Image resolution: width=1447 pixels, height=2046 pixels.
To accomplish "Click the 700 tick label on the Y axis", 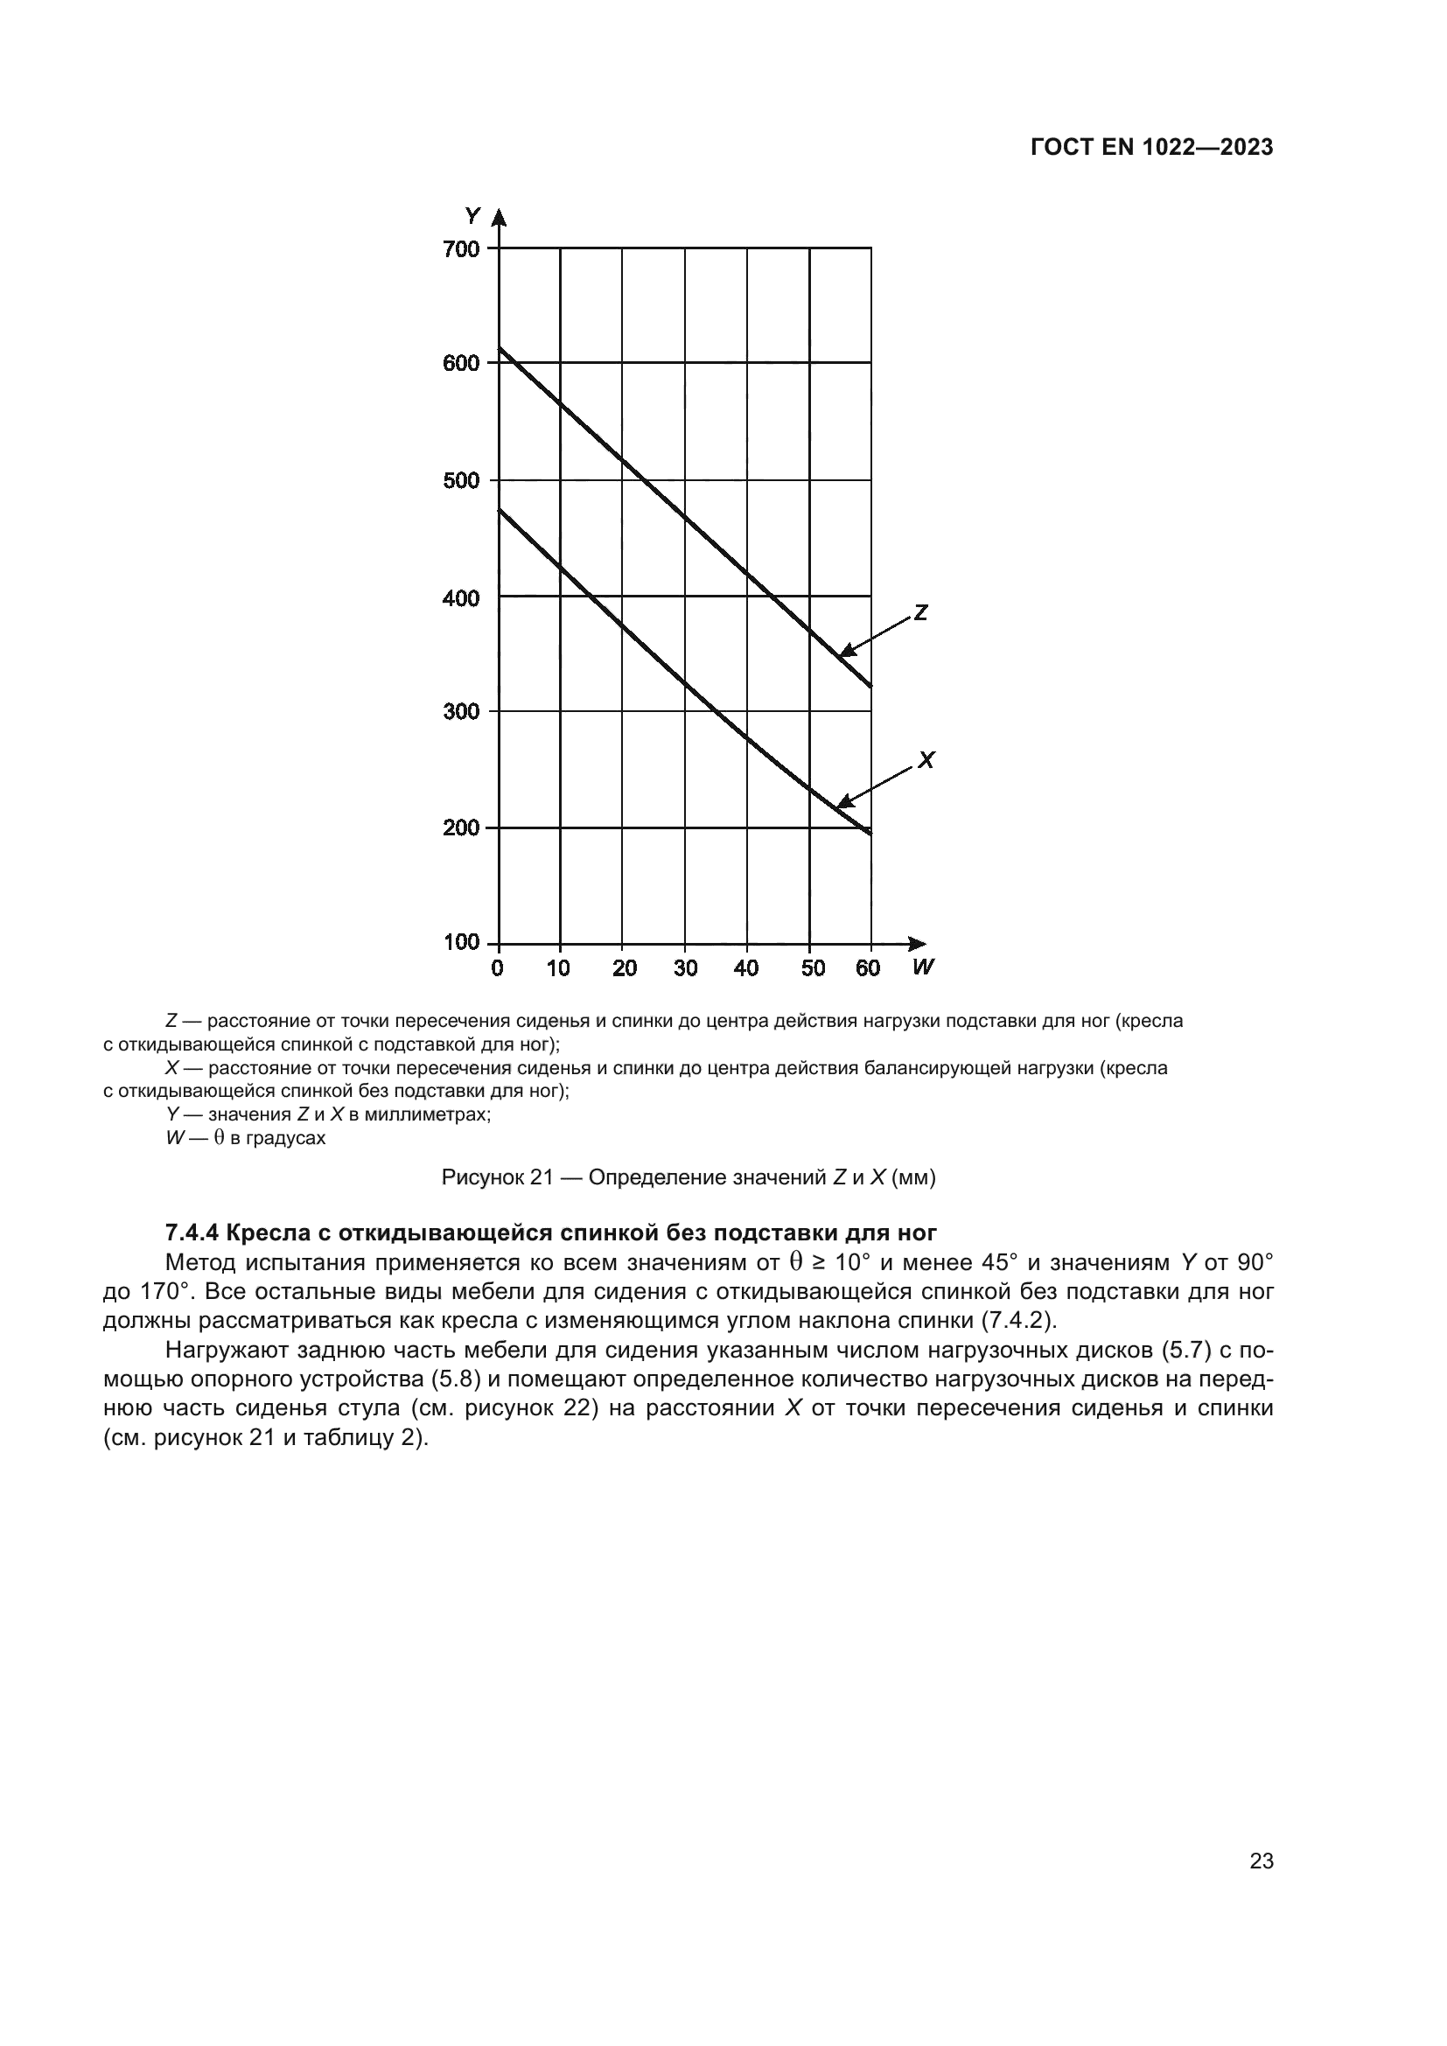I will [461, 248].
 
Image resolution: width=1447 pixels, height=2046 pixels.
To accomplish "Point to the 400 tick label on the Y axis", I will [461, 598].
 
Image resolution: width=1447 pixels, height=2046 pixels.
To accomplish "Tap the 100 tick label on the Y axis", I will [461, 943].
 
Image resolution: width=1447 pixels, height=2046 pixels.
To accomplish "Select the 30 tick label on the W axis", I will [685, 968].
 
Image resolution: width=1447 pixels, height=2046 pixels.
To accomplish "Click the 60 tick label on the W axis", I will [868, 968].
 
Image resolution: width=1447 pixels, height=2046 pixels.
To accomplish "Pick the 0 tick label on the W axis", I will [497, 968].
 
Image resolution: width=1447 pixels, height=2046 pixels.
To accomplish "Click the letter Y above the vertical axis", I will [472, 216].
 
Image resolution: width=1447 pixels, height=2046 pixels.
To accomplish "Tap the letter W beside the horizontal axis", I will [923, 967].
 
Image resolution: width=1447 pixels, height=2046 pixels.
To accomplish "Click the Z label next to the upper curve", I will [921, 613].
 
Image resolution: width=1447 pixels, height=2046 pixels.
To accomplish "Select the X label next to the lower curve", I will [926, 760].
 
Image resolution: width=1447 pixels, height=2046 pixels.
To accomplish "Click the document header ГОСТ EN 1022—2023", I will [1151, 148].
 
